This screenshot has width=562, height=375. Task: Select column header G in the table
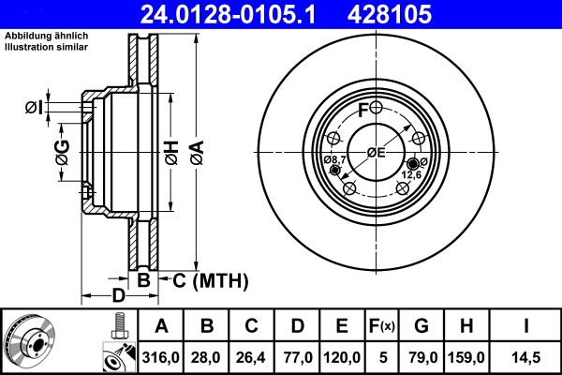point(421,326)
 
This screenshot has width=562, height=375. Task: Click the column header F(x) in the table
point(381,326)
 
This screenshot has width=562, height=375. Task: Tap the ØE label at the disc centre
point(376,153)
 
